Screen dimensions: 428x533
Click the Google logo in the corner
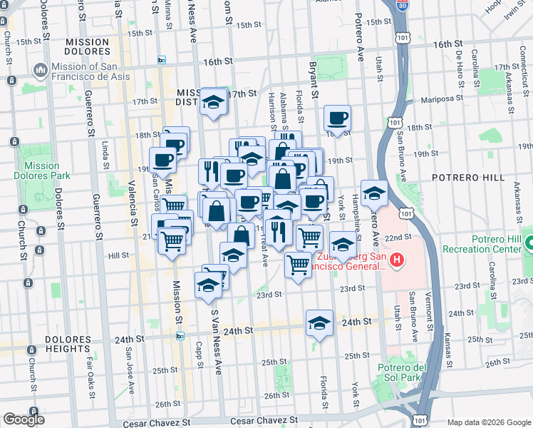(24, 419)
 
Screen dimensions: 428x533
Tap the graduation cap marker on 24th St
(320, 323)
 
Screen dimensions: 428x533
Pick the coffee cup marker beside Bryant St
(337, 118)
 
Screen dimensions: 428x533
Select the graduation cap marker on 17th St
(213, 102)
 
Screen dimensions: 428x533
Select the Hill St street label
(118, 255)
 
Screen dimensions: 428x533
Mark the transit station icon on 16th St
(162, 60)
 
